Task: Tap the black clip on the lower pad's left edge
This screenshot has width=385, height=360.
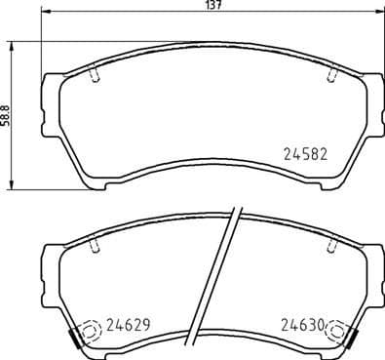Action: [x=75, y=340]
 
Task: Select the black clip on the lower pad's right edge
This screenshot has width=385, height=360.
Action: [x=351, y=340]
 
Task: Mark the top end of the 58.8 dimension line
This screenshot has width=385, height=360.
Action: [x=12, y=43]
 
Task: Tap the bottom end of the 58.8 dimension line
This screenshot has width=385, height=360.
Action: [x=12, y=188]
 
